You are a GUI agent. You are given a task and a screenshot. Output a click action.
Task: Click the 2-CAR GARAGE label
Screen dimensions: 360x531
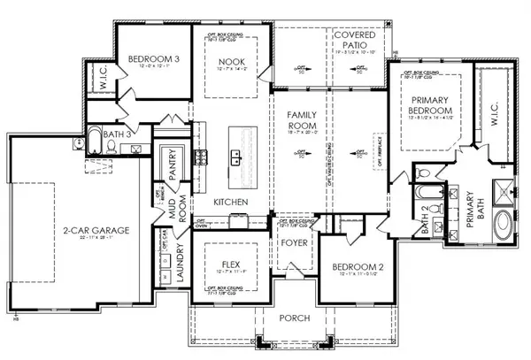[x=97, y=230]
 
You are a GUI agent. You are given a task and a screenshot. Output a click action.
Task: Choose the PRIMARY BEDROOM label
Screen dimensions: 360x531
[x=431, y=107]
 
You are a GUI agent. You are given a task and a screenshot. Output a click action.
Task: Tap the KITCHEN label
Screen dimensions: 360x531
[x=228, y=203]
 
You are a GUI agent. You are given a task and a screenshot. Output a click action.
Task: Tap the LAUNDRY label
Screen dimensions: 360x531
[x=181, y=264]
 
